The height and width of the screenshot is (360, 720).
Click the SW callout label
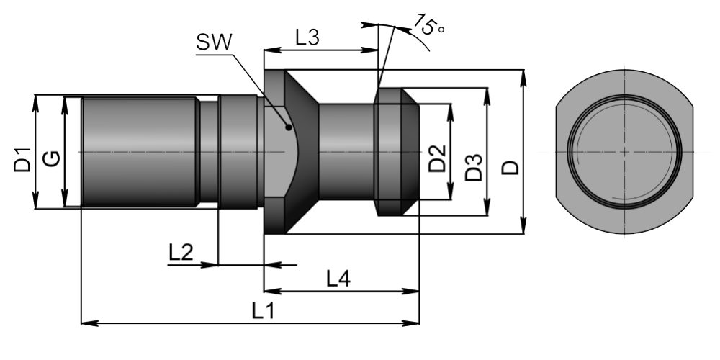coord(214,42)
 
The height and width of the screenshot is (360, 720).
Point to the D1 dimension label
coord(22,159)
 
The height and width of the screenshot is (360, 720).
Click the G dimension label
coord(50,159)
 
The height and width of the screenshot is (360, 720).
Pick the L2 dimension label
coord(181,252)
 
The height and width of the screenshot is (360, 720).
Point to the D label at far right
coord(509,168)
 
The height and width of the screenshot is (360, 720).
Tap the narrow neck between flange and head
coord(346,152)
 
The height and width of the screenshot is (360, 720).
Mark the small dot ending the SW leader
coord(289,127)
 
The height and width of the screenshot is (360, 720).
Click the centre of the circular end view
coord(624,152)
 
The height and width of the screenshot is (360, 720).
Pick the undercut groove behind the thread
coord(208,152)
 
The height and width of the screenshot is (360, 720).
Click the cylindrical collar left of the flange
coord(238,152)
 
